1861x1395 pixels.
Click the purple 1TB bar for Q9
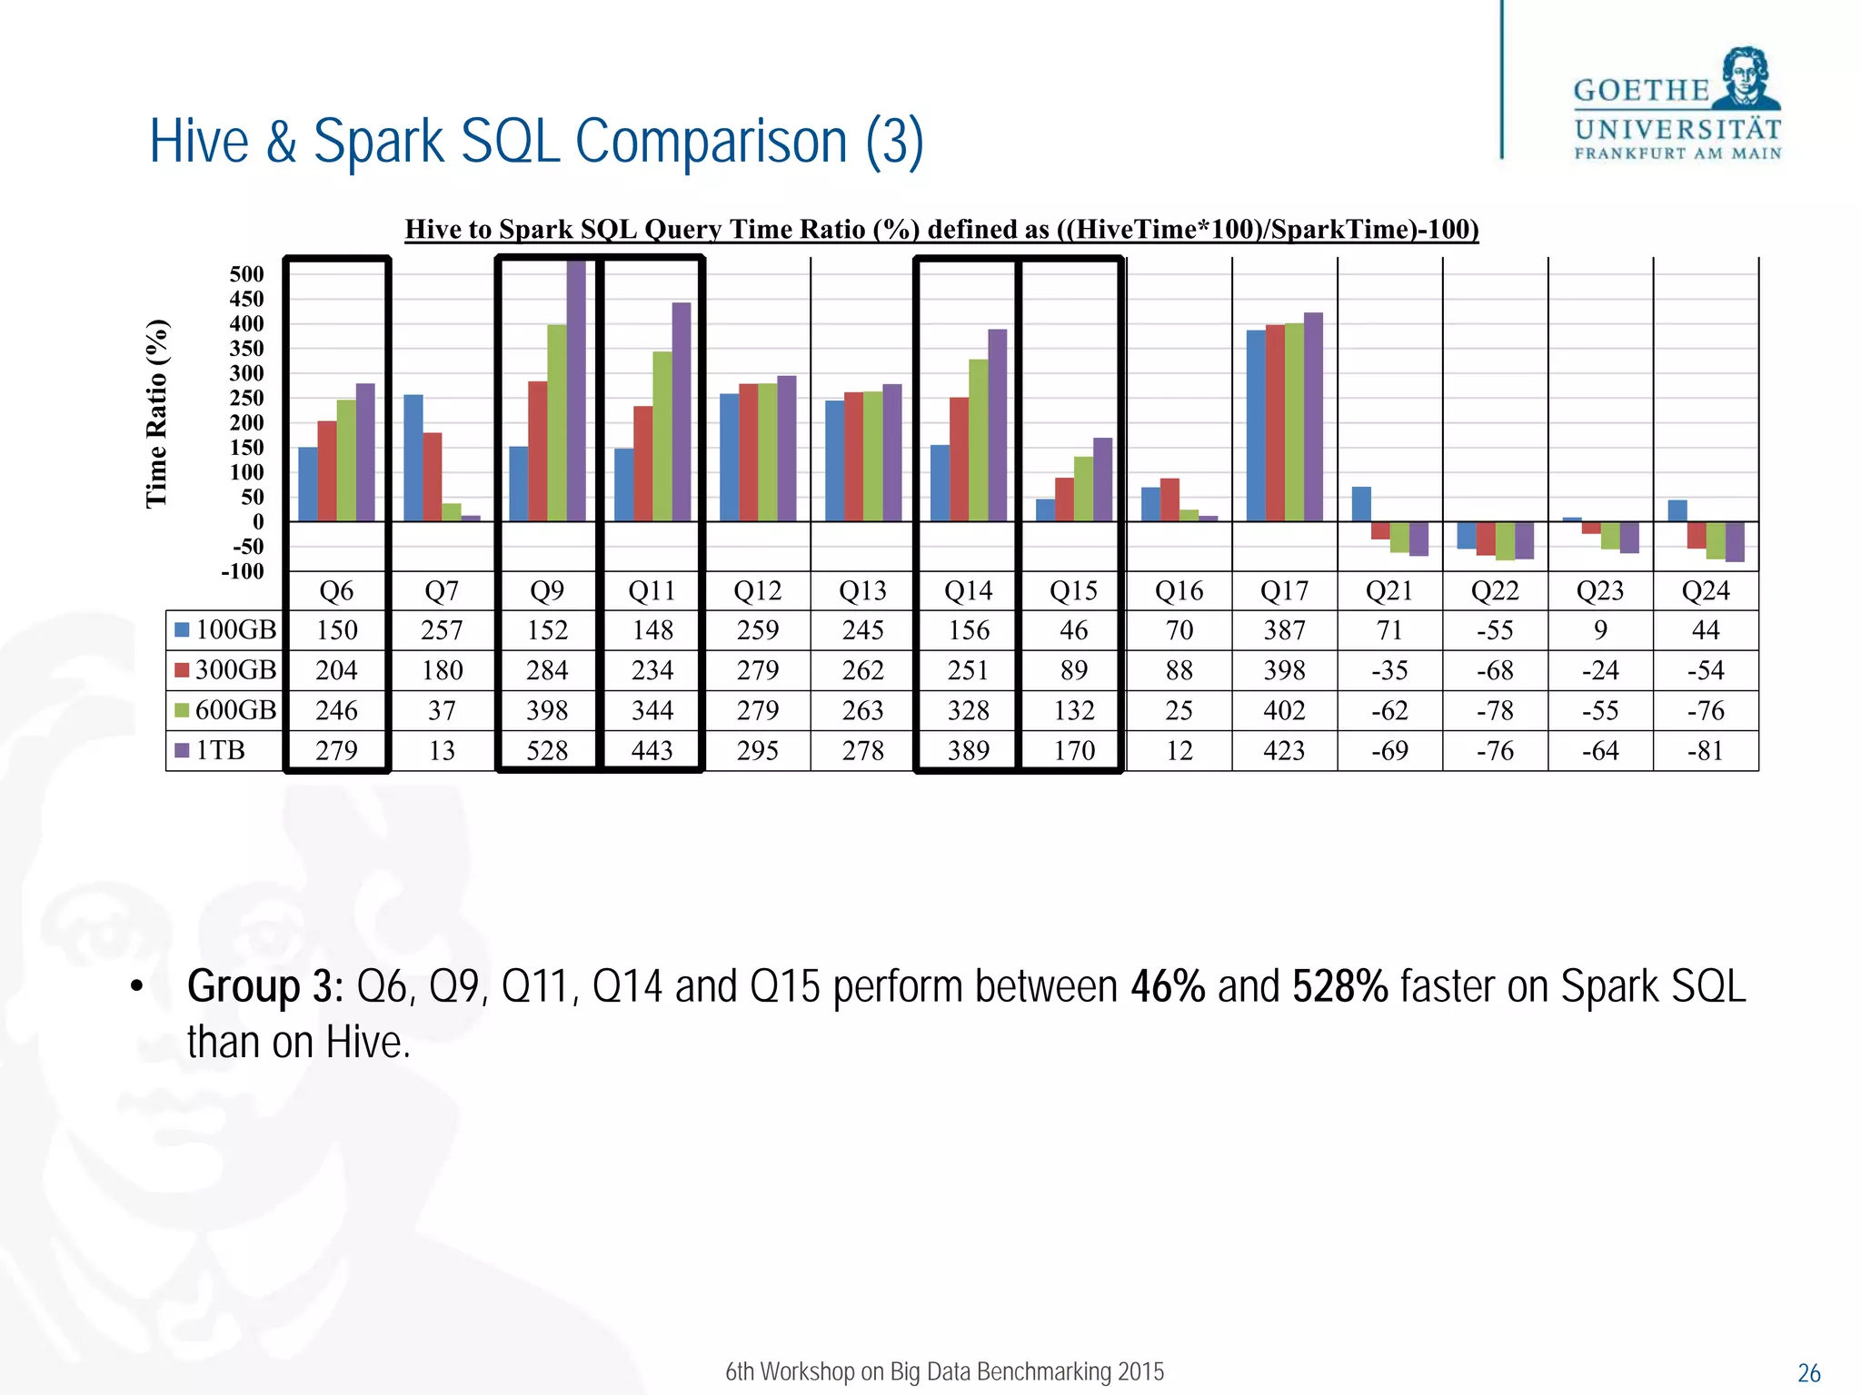pyautogui.click(x=576, y=391)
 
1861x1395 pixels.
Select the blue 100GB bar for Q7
pyautogui.click(x=413, y=458)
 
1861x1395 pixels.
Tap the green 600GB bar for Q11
pyautogui.click(x=662, y=436)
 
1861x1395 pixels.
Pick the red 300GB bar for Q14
pyautogui.click(x=959, y=459)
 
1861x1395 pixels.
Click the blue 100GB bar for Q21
pyautogui.click(x=1361, y=504)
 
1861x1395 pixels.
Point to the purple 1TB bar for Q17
pyautogui.click(x=1313, y=417)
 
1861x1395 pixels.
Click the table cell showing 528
pyautogui.click(x=547, y=751)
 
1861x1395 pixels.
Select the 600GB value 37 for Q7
pyautogui.click(x=442, y=710)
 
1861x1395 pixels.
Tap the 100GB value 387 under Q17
pyautogui.click(x=1284, y=630)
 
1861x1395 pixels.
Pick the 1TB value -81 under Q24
pyautogui.click(x=1705, y=751)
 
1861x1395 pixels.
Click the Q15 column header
pyautogui.click(x=1073, y=591)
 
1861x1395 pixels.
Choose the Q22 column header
pyautogui.click(x=1495, y=591)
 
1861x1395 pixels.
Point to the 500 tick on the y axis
pyautogui.click(x=246, y=274)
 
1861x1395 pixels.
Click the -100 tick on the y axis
pyautogui.click(x=243, y=571)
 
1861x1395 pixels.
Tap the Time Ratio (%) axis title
pyautogui.click(x=156, y=413)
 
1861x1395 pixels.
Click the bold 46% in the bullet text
pyautogui.click(x=1168, y=986)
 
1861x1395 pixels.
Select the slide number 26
pyautogui.click(x=1808, y=1373)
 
